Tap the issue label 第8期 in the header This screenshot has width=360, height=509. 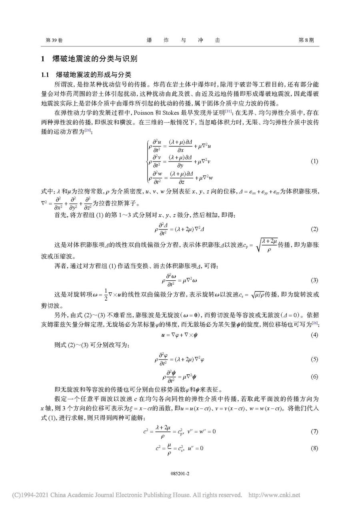306,40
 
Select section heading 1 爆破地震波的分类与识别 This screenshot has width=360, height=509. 89,59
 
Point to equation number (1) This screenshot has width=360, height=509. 314,161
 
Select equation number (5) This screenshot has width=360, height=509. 314,359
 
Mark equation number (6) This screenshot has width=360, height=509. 314,377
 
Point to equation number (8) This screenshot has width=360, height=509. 314,448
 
